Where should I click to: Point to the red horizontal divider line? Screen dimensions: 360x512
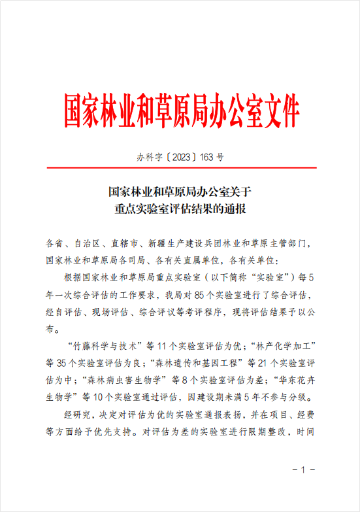coord(180,168)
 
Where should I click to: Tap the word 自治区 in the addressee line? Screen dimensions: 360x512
coord(83,243)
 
